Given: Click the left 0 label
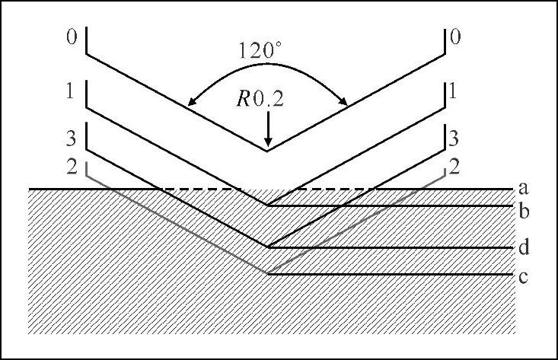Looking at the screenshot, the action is coord(72,38).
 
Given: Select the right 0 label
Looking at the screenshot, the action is coord(456,38).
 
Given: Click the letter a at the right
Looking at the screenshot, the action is coord(523,186).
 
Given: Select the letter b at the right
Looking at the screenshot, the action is coord(524,211).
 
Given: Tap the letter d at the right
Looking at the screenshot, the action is coord(524,247).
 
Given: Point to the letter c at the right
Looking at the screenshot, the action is coord(523,277).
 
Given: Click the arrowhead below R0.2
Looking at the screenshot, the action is coord(267,145).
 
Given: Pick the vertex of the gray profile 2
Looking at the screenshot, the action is coord(267,274).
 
